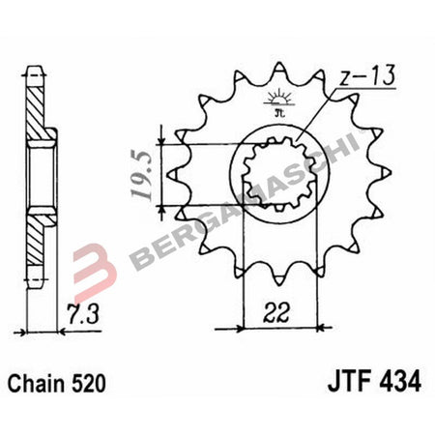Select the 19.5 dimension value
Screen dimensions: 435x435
pyautogui.click(x=142, y=175)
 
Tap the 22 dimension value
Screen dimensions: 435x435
pyautogui.click(x=278, y=312)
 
